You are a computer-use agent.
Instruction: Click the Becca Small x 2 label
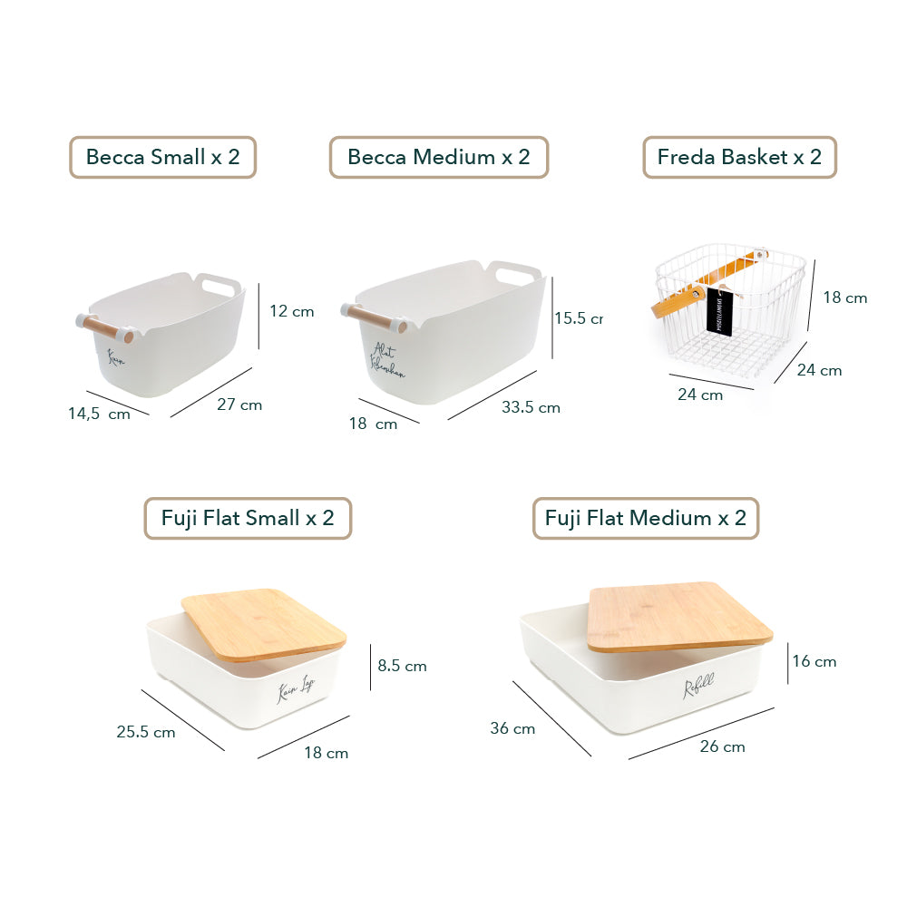click(163, 157)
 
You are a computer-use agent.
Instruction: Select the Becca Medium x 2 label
click(439, 157)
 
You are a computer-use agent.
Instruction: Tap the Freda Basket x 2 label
click(739, 157)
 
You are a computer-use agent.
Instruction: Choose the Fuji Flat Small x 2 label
click(248, 518)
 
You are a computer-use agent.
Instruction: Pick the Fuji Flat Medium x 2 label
click(646, 518)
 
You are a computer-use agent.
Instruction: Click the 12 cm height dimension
click(292, 311)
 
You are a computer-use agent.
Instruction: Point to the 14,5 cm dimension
click(99, 414)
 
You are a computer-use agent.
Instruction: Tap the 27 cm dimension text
click(239, 405)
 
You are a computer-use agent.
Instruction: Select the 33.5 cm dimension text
click(531, 407)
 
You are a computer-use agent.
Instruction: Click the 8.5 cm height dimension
click(402, 666)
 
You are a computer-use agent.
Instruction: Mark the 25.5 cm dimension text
click(146, 731)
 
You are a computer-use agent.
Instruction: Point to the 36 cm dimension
click(512, 728)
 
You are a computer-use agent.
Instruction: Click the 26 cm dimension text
click(723, 746)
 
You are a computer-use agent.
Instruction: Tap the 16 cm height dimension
click(814, 661)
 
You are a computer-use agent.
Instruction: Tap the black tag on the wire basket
click(719, 312)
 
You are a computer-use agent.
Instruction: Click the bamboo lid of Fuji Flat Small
click(263, 622)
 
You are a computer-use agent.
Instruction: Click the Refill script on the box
click(699, 688)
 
